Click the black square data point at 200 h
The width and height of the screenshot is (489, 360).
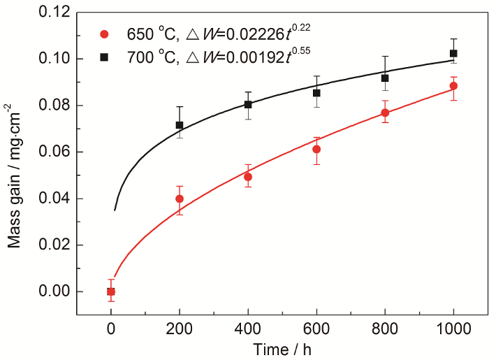(180, 125)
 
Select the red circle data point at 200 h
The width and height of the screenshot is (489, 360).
(180, 199)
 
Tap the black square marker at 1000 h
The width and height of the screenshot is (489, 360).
(453, 53)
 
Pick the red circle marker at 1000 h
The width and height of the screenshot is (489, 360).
(453, 86)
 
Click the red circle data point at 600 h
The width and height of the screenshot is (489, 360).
(316, 149)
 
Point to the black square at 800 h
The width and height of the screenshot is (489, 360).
(385, 78)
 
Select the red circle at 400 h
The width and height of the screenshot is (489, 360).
(248, 177)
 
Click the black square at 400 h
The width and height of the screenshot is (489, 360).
(248, 104)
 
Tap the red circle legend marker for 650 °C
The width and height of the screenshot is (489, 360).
(105, 34)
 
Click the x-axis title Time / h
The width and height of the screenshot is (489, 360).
(282, 347)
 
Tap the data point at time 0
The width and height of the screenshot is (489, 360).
(111, 291)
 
